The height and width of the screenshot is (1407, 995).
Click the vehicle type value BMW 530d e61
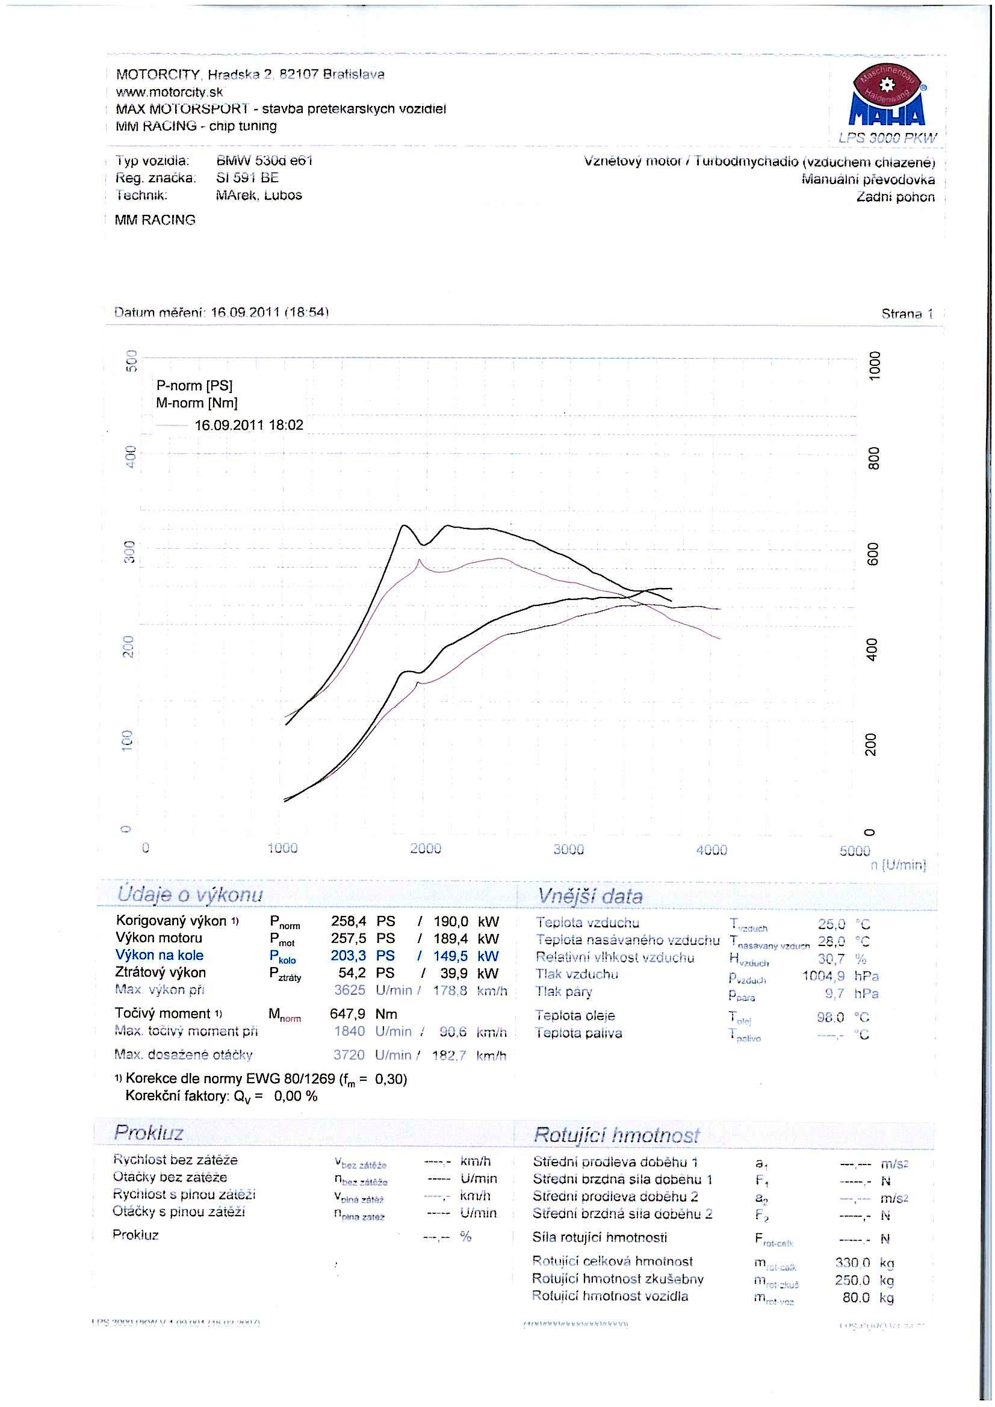point(265,161)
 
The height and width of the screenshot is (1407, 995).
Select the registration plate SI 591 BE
point(247,178)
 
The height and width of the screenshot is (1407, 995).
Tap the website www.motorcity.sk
point(169,92)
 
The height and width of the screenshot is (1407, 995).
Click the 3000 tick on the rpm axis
point(568,849)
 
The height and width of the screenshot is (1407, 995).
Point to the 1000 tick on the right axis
point(874,366)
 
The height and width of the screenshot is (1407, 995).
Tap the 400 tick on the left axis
point(129,457)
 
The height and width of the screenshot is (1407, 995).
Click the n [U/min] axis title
point(898,865)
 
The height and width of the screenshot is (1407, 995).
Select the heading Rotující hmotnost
point(616,1135)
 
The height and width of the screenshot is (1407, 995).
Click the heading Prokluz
point(148,1133)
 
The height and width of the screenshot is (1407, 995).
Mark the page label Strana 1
point(907,314)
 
